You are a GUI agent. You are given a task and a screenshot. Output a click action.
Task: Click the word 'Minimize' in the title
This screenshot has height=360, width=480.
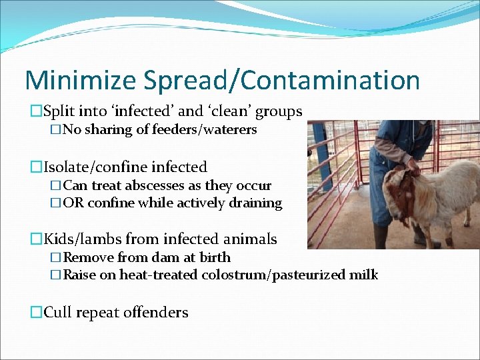click(x=82, y=81)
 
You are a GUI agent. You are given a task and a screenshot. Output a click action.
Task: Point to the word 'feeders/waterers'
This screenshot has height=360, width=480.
click(x=197, y=130)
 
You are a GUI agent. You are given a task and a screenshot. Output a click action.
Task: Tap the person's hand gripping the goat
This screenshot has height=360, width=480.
click(x=414, y=167)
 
